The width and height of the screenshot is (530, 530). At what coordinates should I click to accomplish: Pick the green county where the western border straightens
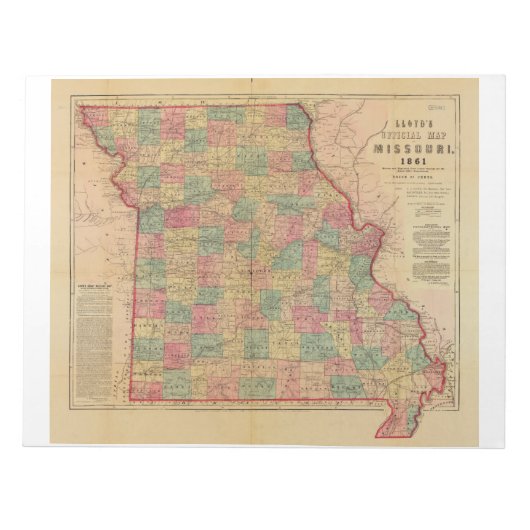coord(150,216)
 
